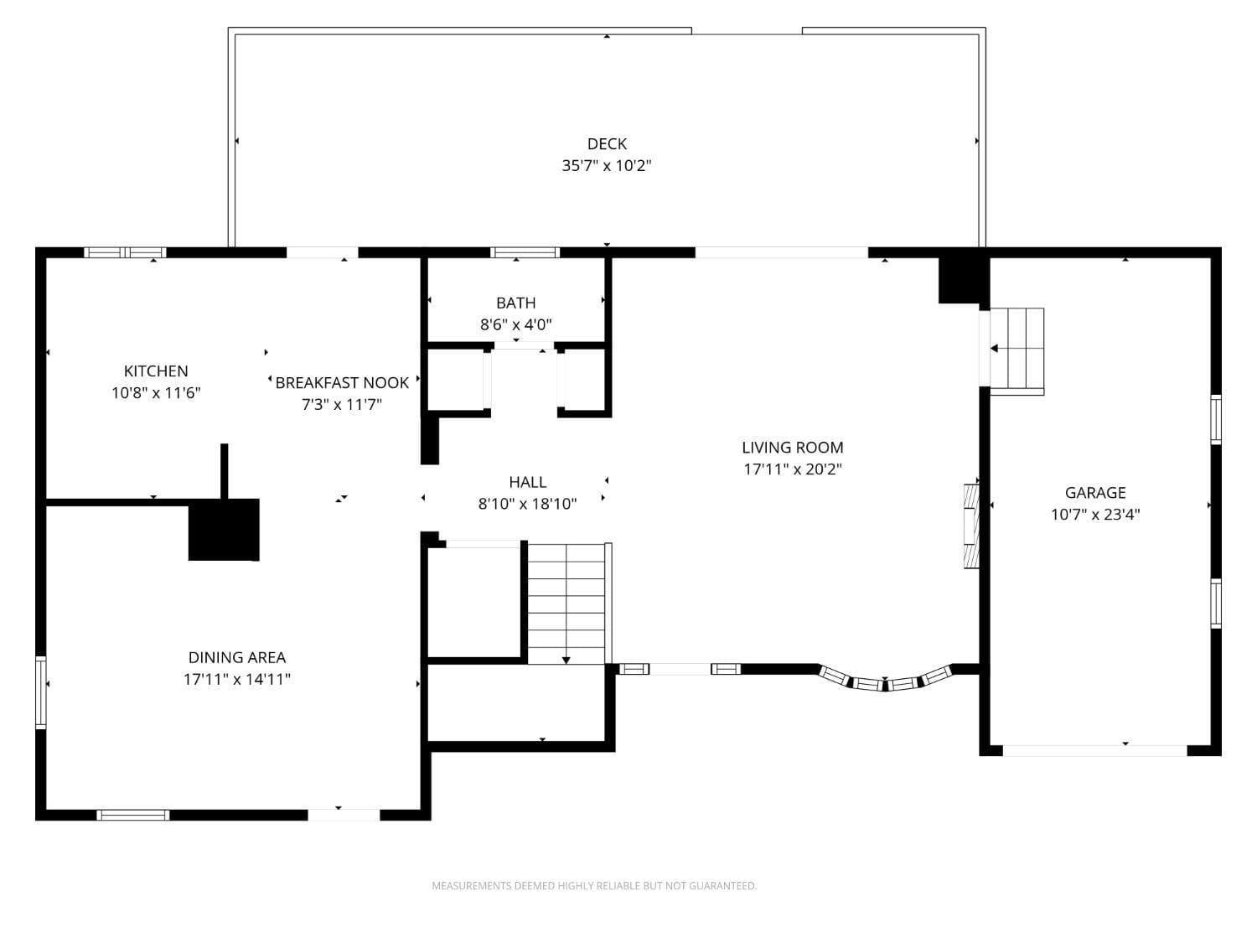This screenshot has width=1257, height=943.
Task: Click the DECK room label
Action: point(607,144)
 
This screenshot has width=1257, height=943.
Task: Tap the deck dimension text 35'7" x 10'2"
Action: point(607,166)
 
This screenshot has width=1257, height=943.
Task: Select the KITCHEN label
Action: point(156,371)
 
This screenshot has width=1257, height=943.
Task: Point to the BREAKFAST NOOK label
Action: point(342,383)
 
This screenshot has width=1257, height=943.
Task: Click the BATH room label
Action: point(515,303)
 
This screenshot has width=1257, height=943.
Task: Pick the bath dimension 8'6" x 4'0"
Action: point(515,324)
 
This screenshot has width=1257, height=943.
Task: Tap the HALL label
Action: point(527,482)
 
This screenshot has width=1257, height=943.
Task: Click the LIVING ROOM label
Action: point(792,448)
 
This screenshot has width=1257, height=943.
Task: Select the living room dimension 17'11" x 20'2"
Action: point(792,469)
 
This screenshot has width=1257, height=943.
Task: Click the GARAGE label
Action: point(1095,493)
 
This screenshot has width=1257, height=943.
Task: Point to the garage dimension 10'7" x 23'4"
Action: point(1095,515)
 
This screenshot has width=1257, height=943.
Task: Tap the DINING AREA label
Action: point(236,658)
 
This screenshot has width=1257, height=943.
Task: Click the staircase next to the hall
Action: point(566,604)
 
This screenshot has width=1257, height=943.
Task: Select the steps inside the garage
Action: point(1017,350)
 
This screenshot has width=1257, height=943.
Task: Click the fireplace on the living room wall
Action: point(971,526)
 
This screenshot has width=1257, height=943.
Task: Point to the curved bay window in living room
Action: point(885,681)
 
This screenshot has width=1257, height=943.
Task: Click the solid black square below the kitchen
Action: point(224,530)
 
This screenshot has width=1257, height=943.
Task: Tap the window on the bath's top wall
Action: point(525,252)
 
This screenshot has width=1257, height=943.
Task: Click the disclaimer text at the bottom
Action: point(594,886)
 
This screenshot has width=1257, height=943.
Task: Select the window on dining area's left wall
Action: point(40,692)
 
